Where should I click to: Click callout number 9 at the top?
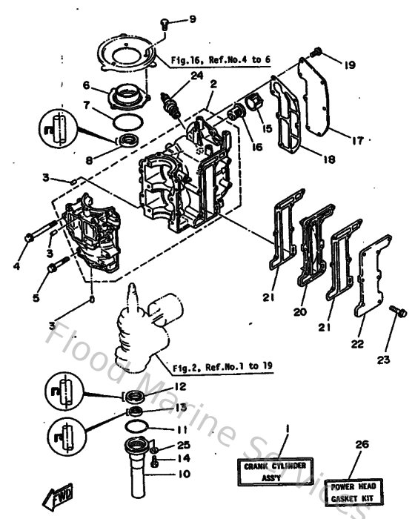point(172,19)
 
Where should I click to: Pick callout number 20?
point(299,311)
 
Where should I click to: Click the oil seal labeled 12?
point(133,392)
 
